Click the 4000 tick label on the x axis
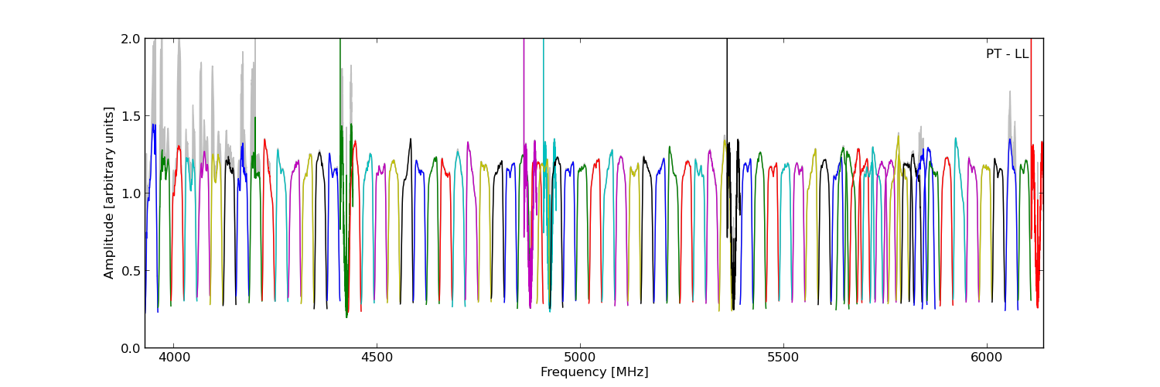(x=173, y=358)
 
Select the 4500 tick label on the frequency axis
(x=377, y=358)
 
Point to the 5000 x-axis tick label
(x=580, y=358)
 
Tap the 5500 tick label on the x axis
(x=783, y=358)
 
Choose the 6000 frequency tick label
(x=987, y=358)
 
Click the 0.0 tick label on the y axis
(x=131, y=348)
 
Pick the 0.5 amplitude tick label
(x=131, y=271)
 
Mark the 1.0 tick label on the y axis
(x=131, y=193)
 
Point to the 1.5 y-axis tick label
(x=131, y=116)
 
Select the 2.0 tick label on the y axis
(x=131, y=39)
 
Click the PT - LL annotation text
(x=1007, y=54)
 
